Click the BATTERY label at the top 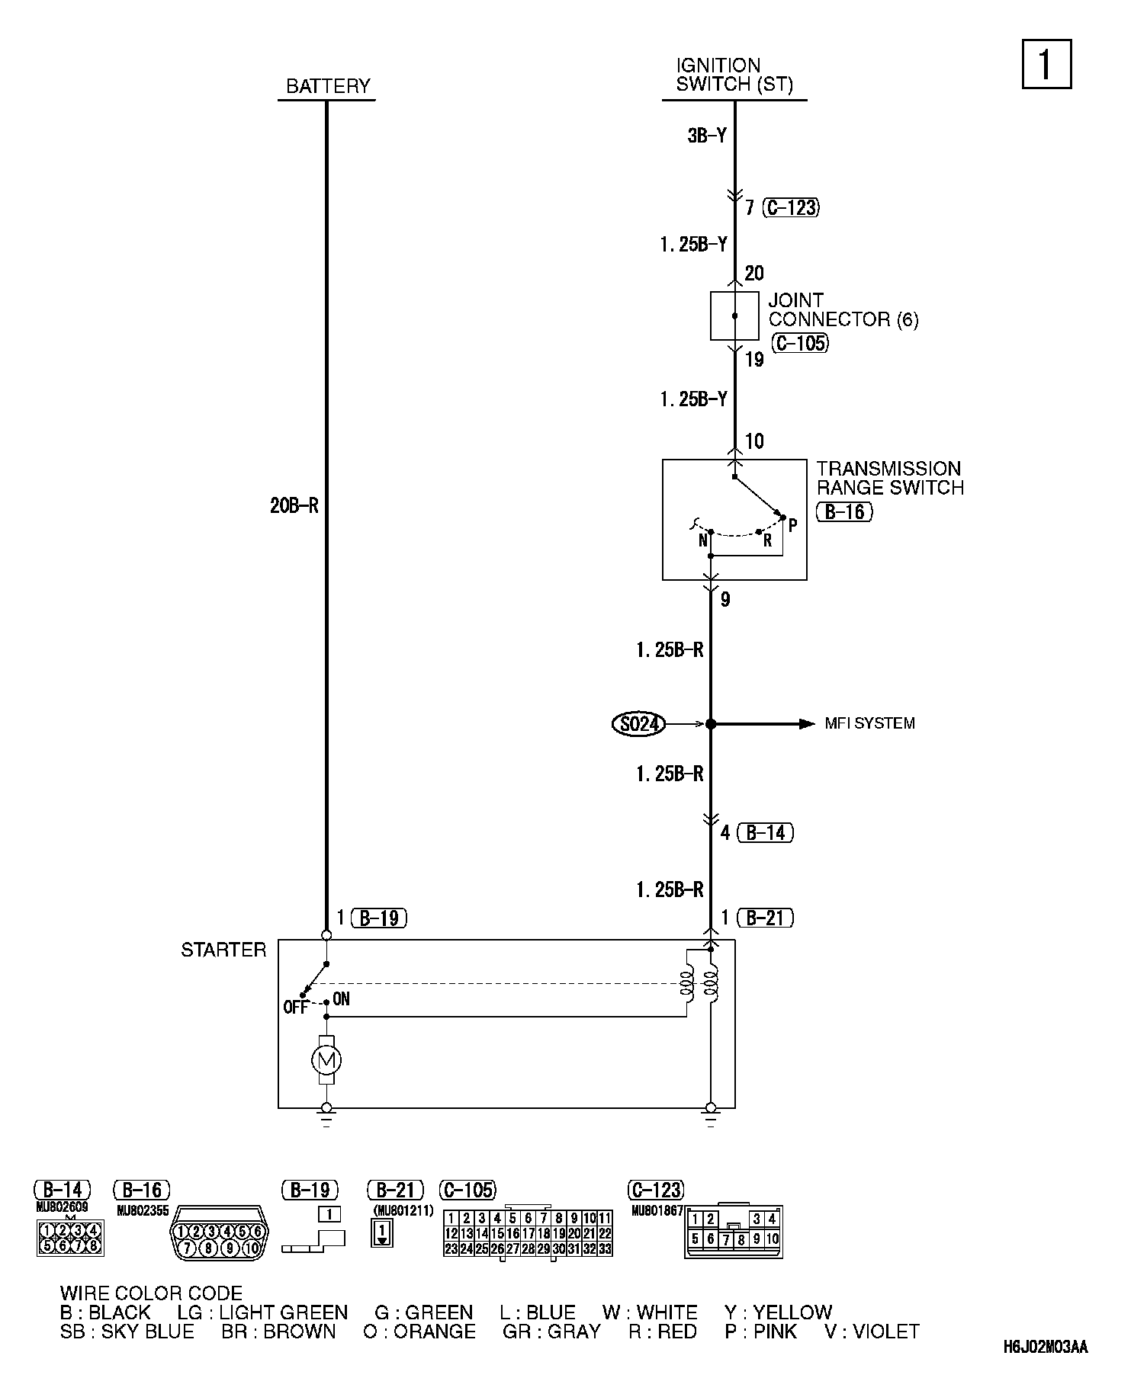327,86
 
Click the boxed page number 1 1046,64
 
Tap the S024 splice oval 638,723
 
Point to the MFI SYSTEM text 869,723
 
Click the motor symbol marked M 326,1059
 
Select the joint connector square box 734,316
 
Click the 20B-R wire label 294,505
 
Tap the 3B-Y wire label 707,136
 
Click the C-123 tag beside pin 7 791,207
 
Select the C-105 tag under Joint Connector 799,343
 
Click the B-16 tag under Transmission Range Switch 844,511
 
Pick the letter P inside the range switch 792,525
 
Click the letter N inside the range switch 702,541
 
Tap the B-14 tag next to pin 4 766,832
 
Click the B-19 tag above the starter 379,918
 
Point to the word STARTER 223,950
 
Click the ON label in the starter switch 341,999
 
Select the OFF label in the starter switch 295,1008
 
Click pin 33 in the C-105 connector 605,1248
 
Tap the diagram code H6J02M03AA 1046,1348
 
